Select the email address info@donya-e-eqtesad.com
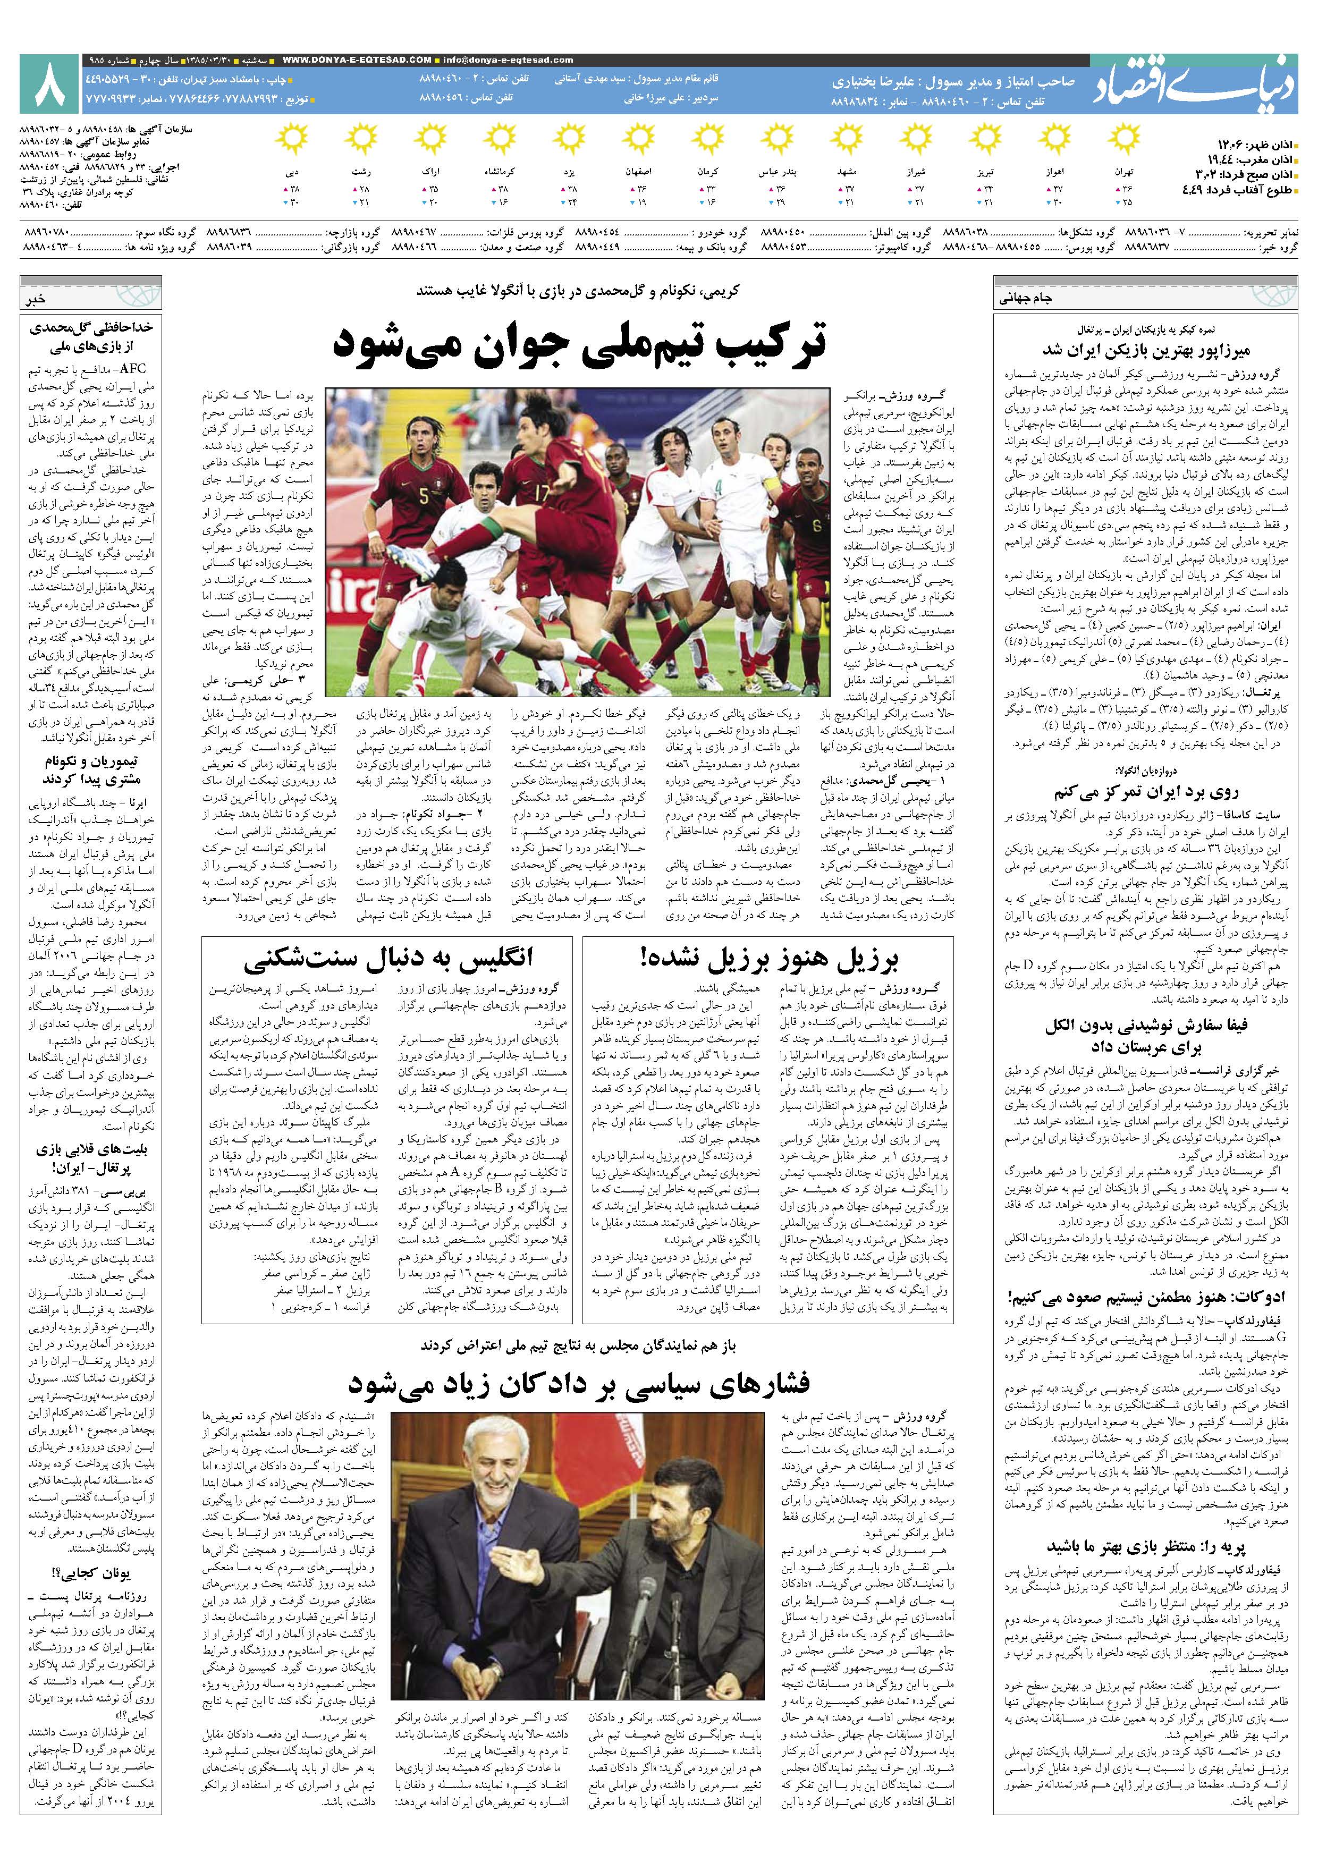(506, 60)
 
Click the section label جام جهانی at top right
(1025, 298)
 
